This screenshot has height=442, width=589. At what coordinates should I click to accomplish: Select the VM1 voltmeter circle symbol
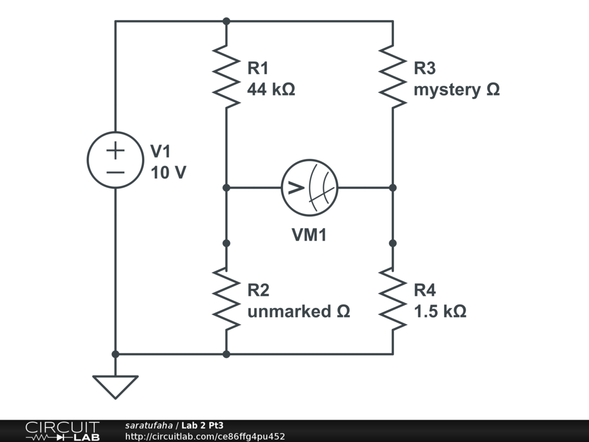coord(309,188)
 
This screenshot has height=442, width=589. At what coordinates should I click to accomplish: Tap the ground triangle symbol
coord(115,386)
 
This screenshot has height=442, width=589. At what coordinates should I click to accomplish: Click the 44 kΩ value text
coord(271,90)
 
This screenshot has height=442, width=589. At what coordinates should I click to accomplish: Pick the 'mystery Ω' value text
coord(457,90)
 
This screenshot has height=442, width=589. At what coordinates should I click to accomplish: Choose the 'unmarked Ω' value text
coord(299,311)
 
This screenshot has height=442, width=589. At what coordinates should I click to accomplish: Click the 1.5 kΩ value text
coord(440,311)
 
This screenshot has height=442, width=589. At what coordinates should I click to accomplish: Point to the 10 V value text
coord(168,172)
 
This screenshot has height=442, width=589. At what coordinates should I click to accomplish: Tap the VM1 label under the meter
coord(309,235)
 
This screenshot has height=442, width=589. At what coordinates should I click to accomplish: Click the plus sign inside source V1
coord(115,151)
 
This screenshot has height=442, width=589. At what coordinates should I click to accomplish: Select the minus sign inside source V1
coord(115,172)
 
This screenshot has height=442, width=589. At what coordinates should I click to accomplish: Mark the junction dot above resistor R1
coord(226,21)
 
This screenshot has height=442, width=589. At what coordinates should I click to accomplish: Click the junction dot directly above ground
coord(115,354)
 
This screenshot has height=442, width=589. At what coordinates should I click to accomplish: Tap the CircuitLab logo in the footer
coord(62,431)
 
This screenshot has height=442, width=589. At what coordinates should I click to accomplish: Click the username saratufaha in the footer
coord(148,426)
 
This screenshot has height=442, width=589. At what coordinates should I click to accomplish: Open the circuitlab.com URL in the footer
coord(205,436)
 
